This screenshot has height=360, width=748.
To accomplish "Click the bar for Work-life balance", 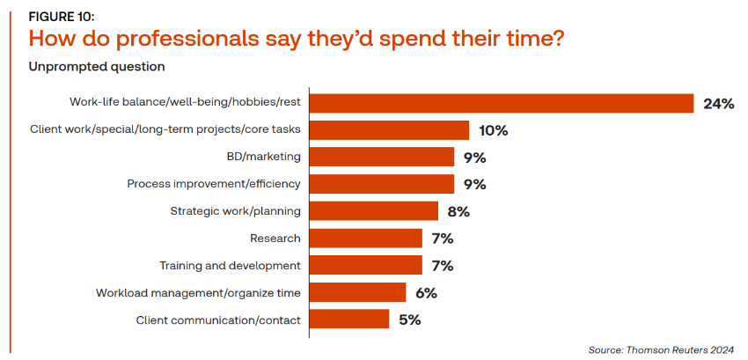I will point(502,104).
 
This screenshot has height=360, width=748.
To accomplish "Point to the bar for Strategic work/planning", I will point(373,211).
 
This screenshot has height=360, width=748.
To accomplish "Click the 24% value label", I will point(718,104).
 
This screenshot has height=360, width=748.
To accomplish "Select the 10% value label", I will point(493,130).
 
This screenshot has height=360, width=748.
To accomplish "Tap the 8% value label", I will point(458,211).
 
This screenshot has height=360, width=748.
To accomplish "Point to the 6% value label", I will point(426,292).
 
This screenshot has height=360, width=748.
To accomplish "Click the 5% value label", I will point(409,320).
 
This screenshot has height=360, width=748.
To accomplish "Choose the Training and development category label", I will point(230,265).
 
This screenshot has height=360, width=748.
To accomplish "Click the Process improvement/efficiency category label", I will point(214,184).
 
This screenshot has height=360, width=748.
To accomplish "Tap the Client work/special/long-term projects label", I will point(165,130).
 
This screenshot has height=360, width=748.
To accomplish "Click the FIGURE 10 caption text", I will point(62,17).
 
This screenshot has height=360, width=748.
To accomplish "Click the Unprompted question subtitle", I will point(97,66).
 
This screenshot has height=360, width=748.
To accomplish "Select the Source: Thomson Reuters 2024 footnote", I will point(660,348).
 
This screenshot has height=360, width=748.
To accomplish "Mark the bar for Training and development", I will point(365,265).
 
